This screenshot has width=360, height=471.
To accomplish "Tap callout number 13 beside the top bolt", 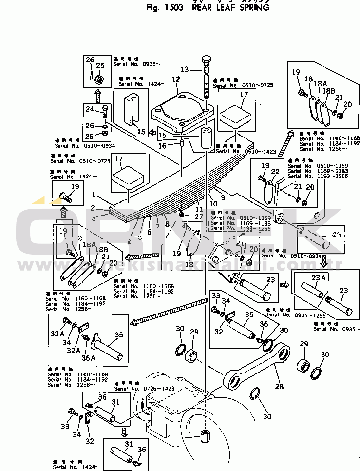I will click(x=185, y=69).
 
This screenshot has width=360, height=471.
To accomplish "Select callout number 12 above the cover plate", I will click(x=175, y=79).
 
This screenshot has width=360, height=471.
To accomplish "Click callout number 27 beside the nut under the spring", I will click(x=197, y=216).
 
